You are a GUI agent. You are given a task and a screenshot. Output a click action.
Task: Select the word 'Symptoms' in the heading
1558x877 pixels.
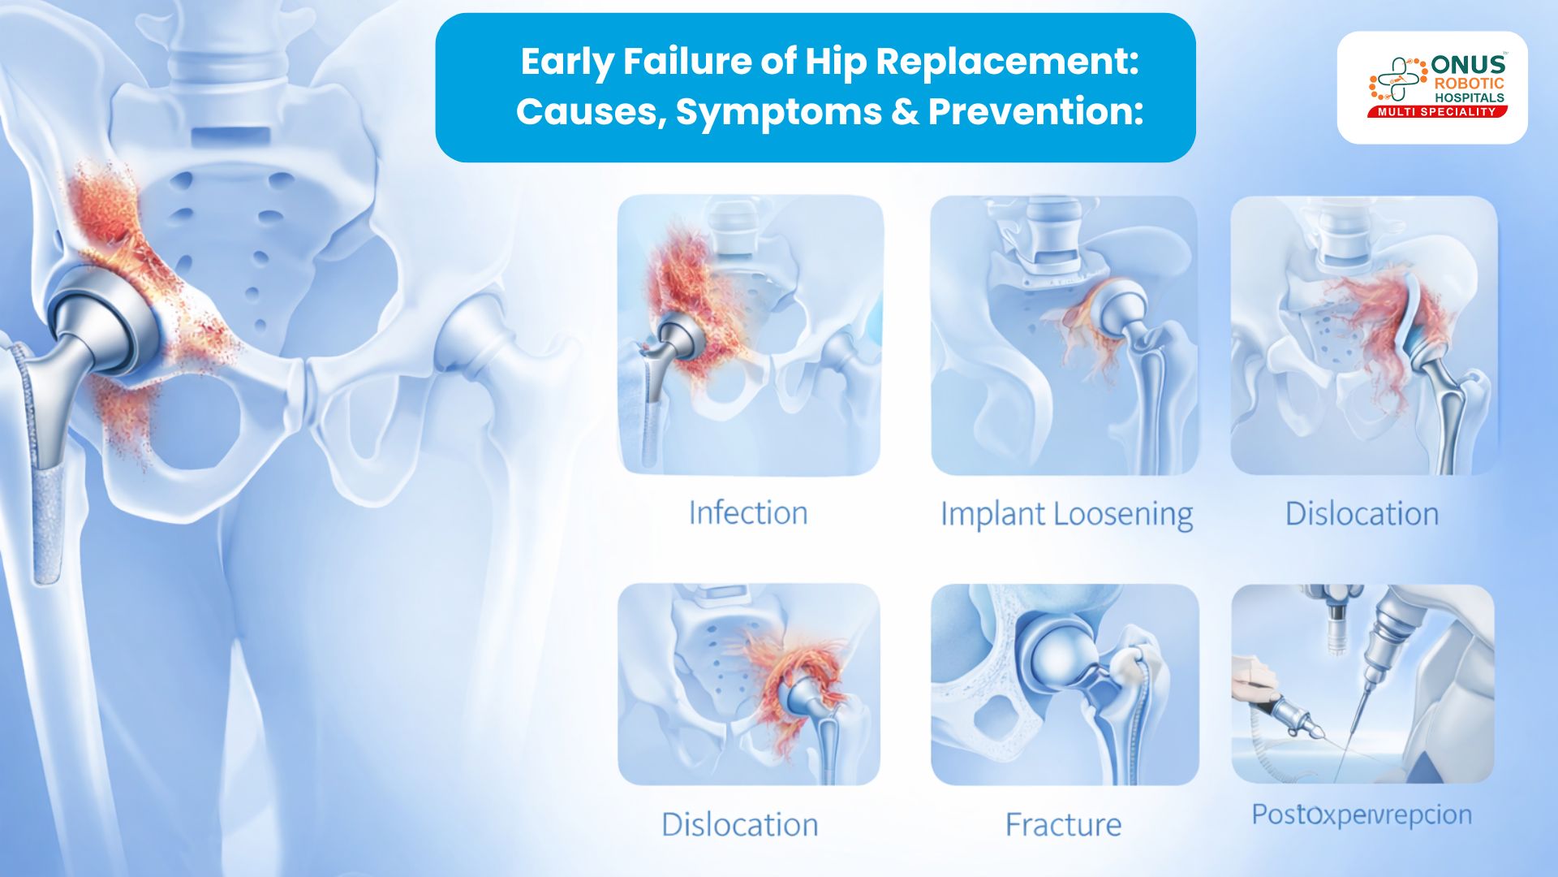coord(779,111)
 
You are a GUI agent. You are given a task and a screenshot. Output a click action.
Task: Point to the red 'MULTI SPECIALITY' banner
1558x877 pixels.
coord(1436,112)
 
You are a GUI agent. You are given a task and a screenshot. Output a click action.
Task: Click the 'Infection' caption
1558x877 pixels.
coord(747,513)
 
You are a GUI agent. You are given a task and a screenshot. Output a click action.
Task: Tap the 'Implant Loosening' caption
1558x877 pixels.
coord(1066,515)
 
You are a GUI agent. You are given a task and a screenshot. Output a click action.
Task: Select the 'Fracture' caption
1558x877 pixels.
coord(1063,825)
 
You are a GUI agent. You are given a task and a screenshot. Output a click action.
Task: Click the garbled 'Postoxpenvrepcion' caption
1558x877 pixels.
coord(1361,814)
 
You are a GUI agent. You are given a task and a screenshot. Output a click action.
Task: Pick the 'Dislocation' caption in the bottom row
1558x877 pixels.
coord(739,825)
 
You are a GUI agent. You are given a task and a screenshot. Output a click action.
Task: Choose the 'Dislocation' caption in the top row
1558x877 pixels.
coord(1362,514)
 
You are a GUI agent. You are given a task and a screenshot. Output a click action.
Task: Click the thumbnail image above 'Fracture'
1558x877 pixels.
coord(1064,684)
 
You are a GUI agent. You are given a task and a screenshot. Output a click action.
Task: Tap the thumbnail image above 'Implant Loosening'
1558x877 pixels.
coord(1064,335)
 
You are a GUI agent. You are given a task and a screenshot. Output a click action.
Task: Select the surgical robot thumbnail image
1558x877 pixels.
coord(1362,684)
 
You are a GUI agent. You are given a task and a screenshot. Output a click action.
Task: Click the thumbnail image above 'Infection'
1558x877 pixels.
coord(750,335)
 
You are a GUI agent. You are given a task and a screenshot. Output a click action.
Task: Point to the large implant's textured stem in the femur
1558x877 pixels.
coord(47,512)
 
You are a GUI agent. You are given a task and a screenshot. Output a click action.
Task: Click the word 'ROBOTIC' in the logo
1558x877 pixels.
coord(1469,84)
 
